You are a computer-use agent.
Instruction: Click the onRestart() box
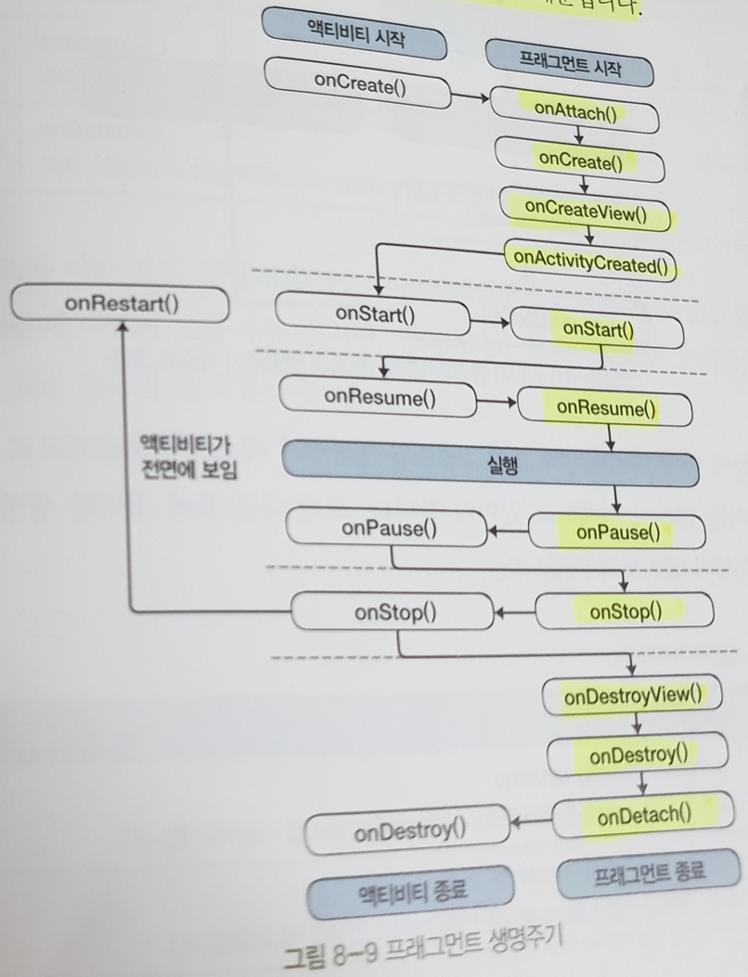point(121,304)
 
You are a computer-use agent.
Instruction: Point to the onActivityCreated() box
point(590,261)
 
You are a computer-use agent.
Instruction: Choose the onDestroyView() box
point(631,696)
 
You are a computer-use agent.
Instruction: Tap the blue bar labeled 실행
point(490,466)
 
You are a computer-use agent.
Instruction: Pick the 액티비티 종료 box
point(411,891)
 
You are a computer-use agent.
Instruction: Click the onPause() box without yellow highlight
point(388,530)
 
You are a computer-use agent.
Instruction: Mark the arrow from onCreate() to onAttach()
point(471,96)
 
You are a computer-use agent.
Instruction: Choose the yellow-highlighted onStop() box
point(625,611)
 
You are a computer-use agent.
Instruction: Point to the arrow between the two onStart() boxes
point(489,322)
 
